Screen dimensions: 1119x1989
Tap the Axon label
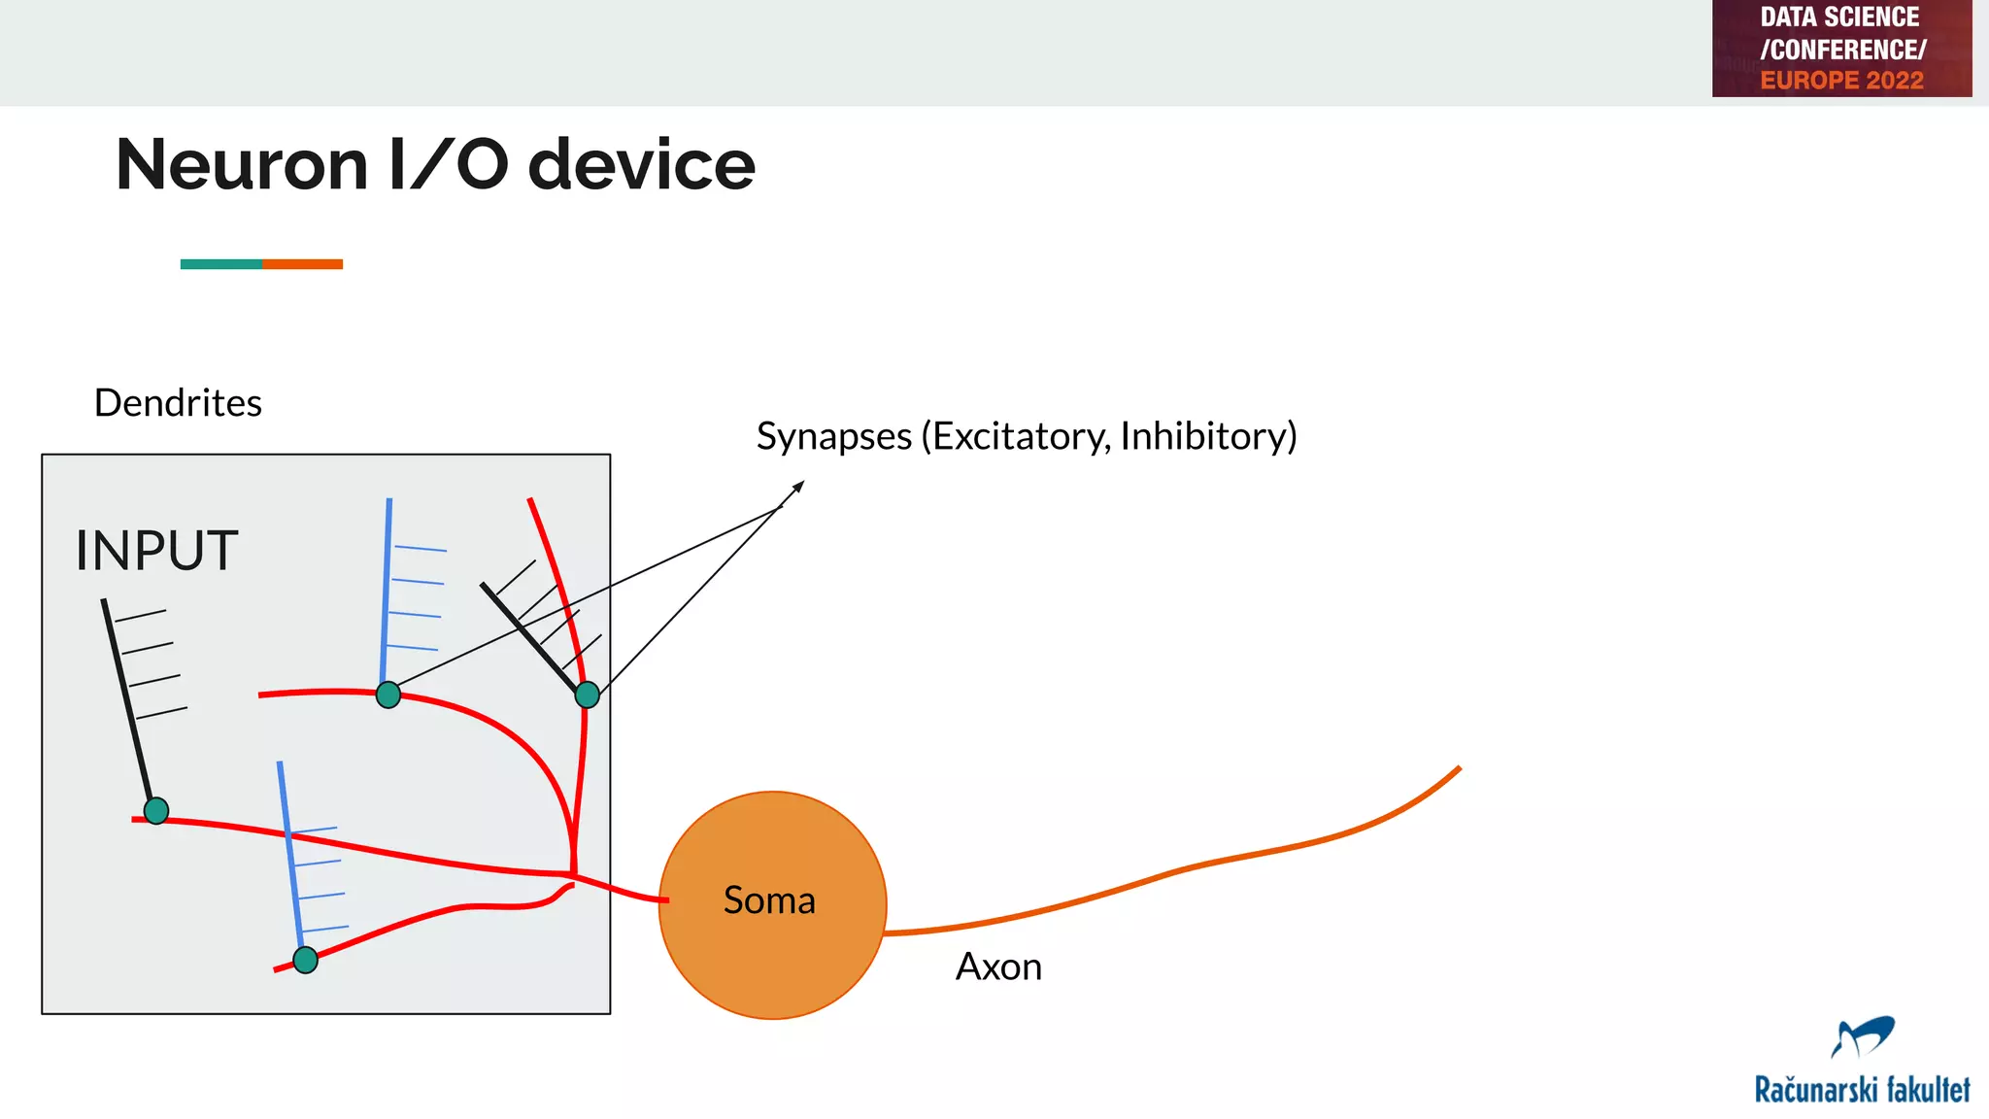(998, 966)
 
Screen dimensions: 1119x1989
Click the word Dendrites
(178, 403)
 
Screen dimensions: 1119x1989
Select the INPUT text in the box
(156, 551)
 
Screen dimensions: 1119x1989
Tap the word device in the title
(641, 165)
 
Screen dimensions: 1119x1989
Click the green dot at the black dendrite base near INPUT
(156, 810)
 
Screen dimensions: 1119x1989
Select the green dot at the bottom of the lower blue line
(305, 960)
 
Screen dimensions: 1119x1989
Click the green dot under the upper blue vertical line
(388, 695)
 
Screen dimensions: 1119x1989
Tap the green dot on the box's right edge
(587, 695)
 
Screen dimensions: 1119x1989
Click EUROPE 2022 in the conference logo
(1841, 81)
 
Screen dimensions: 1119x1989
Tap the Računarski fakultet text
(1862, 1090)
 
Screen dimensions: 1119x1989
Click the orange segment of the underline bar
(302, 264)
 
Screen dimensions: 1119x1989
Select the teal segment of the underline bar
(220, 264)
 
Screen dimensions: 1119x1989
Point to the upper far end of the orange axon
(1457, 770)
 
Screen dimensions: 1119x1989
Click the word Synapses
(833, 436)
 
